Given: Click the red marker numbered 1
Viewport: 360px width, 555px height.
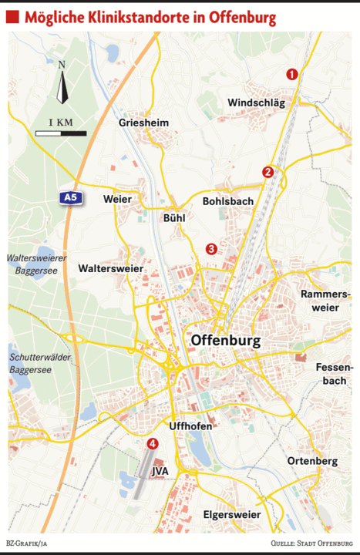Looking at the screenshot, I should pos(291,74).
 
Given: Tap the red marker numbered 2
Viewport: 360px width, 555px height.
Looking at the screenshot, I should pos(267,172).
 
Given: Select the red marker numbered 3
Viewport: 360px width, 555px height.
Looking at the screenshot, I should pos(211,248).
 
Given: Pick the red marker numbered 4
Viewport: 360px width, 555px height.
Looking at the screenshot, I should pos(152,443).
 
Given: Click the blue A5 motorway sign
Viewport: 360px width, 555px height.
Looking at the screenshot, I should pos(70,198).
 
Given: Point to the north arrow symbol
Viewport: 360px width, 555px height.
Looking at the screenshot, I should pos(62,84).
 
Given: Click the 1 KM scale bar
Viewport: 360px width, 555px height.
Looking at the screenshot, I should pos(61,133).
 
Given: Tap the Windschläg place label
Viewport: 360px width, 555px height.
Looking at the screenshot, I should pos(257,103).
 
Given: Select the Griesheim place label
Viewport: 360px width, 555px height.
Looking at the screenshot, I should pos(143,123).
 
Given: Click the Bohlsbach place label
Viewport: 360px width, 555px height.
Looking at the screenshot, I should pos(227,201).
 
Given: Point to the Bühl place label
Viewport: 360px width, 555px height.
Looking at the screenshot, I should pos(174,218).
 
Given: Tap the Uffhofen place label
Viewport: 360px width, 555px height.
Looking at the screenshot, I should pos(190,425).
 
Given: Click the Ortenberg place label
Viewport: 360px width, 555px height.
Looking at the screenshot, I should pos(312,461).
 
